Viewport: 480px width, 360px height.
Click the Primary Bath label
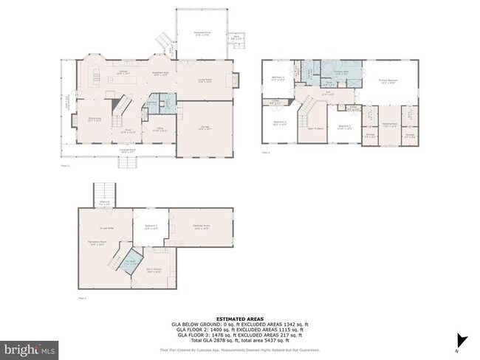click(x=341, y=73)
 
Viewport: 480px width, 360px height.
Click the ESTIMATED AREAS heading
click(x=239, y=318)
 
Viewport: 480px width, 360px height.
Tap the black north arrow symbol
click(x=463, y=341)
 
